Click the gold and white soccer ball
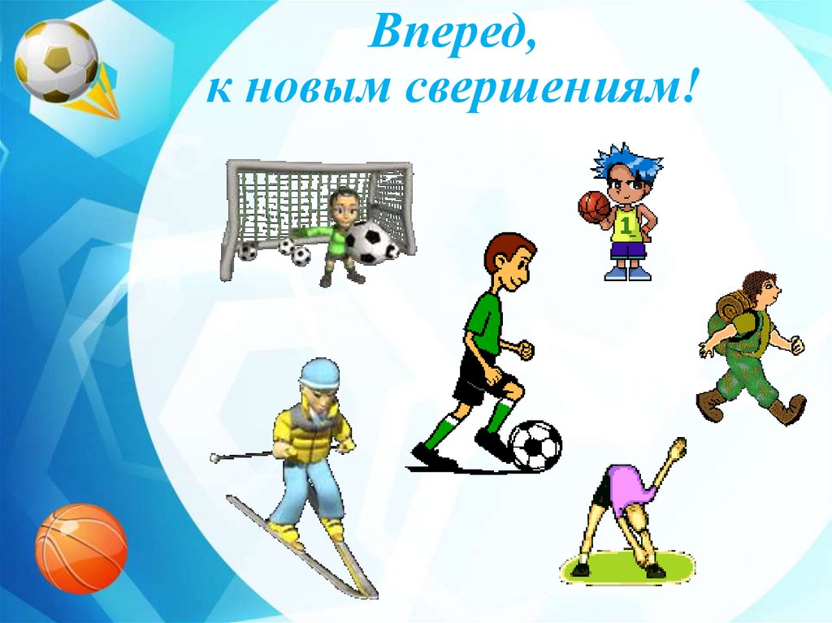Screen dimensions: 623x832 pyautogui.click(x=56, y=61)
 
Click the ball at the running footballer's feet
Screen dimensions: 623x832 pyautogui.click(x=535, y=445)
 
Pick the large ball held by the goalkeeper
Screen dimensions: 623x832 pyautogui.click(x=369, y=242)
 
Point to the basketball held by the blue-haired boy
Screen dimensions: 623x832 pyautogui.click(x=594, y=206)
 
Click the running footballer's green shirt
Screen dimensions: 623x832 pyautogui.click(x=484, y=321)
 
